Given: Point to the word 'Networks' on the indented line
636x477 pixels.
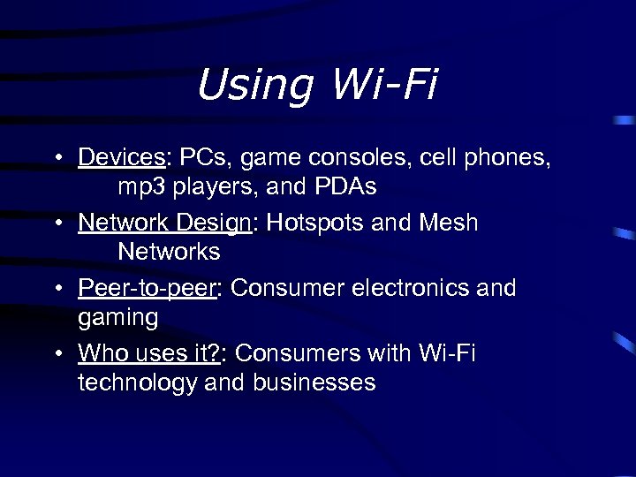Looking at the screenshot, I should point(169,252).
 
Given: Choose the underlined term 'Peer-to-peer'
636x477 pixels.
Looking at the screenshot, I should point(147,289).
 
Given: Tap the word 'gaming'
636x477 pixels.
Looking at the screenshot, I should point(118,318).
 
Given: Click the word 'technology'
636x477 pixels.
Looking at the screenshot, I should point(137,383).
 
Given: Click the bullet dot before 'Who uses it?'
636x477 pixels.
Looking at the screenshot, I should point(57,354).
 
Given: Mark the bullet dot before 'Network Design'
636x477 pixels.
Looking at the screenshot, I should point(57,223).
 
